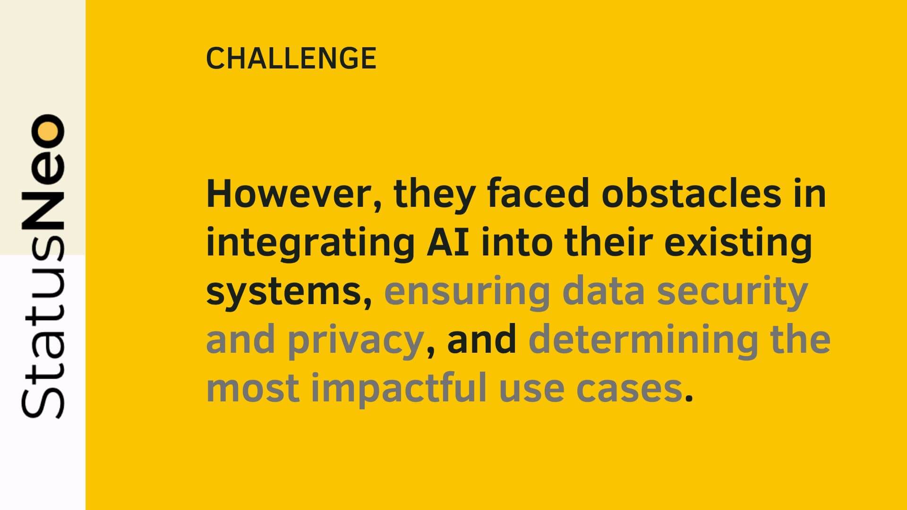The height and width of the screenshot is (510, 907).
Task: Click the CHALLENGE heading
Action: click(x=291, y=59)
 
